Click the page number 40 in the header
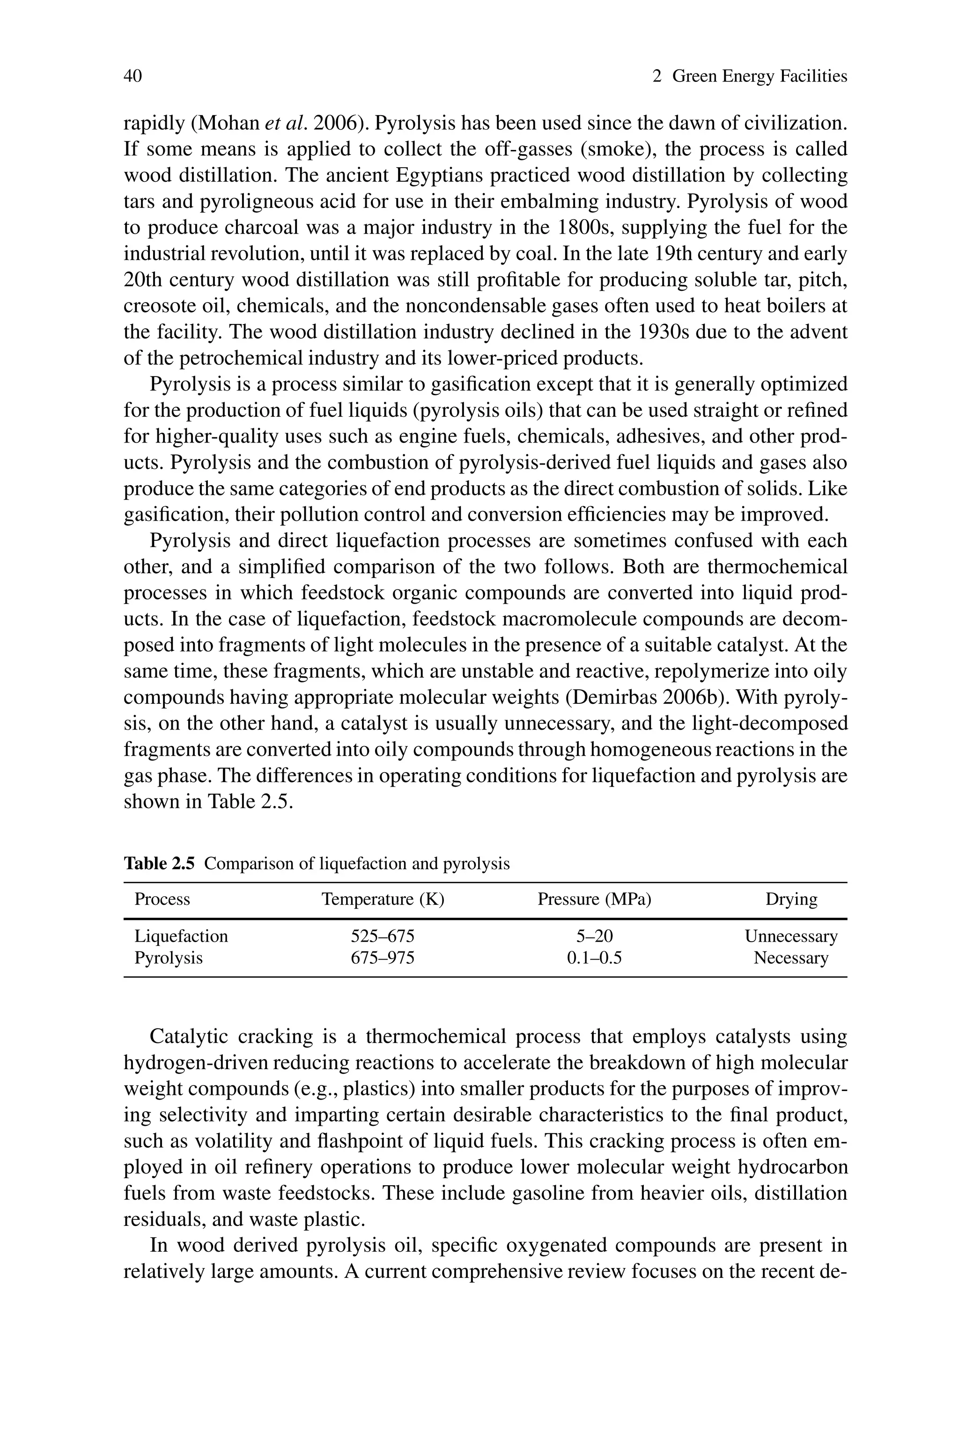click(x=133, y=76)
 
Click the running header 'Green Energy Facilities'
click(x=759, y=76)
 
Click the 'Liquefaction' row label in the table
click(x=181, y=936)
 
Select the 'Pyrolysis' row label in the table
click(x=168, y=958)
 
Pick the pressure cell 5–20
click(x=594, y=936)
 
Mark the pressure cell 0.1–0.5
click(x=594, y=958)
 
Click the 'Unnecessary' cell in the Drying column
click(x=791, y=936)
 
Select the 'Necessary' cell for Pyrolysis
click(x=791, y=958)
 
